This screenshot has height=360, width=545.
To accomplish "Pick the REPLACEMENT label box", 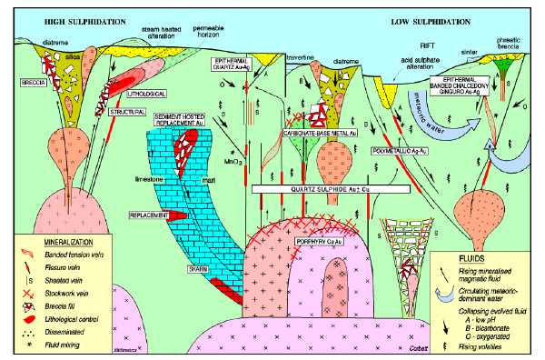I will (x=150, y=215).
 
